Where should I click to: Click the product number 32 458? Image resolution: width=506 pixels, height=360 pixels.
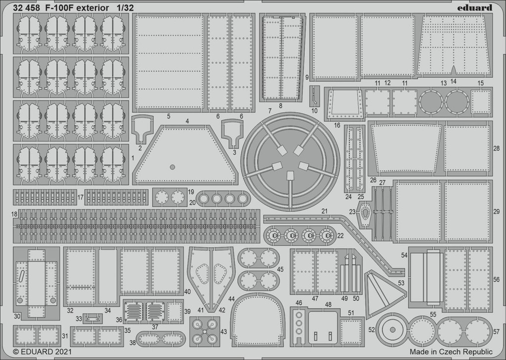pos(27,8)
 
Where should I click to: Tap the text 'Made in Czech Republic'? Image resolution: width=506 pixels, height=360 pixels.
pos(451,352)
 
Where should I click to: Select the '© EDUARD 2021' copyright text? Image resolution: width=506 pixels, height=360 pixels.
pos(42,351)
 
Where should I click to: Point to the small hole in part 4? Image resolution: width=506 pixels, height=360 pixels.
pos(172,167)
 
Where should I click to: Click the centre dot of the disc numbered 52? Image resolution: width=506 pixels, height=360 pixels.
pos(392,330)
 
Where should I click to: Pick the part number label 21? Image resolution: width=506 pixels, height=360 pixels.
pos(324,211)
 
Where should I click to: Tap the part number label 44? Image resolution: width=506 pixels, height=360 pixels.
pos(231,299)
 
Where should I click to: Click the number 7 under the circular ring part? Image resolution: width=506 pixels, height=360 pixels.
pos(270,111)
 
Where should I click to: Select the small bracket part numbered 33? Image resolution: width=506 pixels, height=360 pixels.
pos(92,319)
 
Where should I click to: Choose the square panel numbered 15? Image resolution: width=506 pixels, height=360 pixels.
pos(481,102)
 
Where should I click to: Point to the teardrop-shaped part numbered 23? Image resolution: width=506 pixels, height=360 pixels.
pos(365,213)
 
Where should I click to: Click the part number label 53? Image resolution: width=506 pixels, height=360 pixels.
pos(401,283)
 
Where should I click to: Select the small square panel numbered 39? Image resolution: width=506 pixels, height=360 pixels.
pos(174,312)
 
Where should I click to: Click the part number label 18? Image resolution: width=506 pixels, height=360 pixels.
pos(14,214)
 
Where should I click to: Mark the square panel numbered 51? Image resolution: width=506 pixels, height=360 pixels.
pos(351,331)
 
